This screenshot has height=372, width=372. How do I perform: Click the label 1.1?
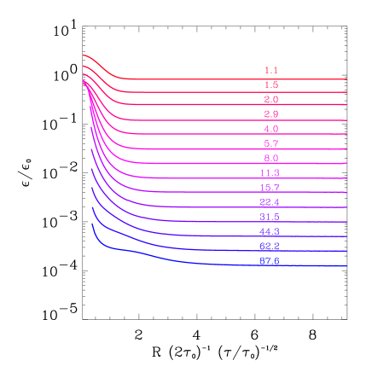(x=270, y=70)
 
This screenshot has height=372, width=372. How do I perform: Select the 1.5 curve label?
(x=270, y=85)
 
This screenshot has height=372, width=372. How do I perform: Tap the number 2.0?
(x=270, y=100)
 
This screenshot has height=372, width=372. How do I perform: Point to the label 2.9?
(x=270, y=114)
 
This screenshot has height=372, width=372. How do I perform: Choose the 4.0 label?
(x=270, y=129)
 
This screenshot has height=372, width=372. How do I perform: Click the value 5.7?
(x=270, y=143)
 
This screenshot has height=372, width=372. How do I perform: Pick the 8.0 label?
(x=270, y=159)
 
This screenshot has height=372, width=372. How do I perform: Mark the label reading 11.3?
(x=270, y=173)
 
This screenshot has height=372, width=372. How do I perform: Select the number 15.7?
(x=270, y=188)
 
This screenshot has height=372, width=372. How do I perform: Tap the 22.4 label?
(x=270, y=202)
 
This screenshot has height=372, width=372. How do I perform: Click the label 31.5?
(x=270, y=218)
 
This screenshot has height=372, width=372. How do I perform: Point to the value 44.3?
(x=270, y=232)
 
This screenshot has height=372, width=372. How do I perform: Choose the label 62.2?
(x=270, y=247)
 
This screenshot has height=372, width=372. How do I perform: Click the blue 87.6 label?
(x=270, y=261)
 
